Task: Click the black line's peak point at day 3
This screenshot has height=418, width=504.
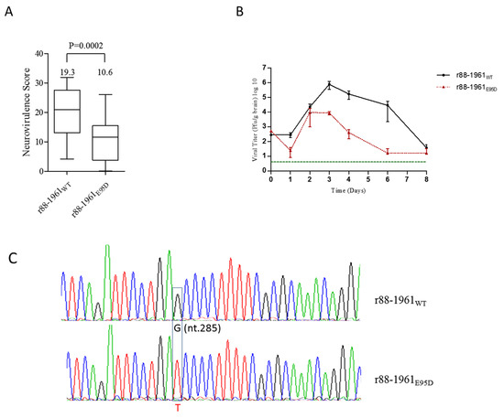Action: (x=328, y=84)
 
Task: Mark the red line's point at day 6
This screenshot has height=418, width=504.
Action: (x=388, y=152)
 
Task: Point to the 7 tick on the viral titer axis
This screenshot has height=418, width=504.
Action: (x=261, y=68)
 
